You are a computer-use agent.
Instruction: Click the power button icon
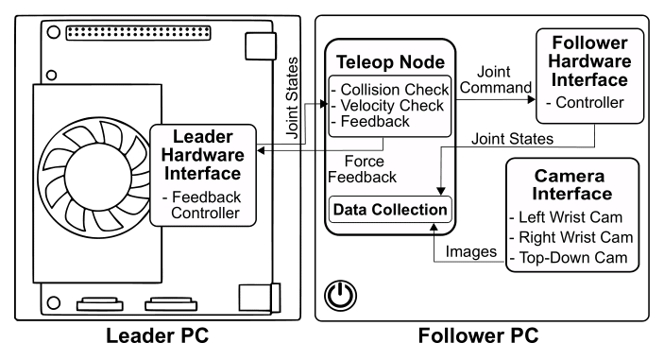click(x=337, y=297)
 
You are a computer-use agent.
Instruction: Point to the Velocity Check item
click(x=388, y=105)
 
